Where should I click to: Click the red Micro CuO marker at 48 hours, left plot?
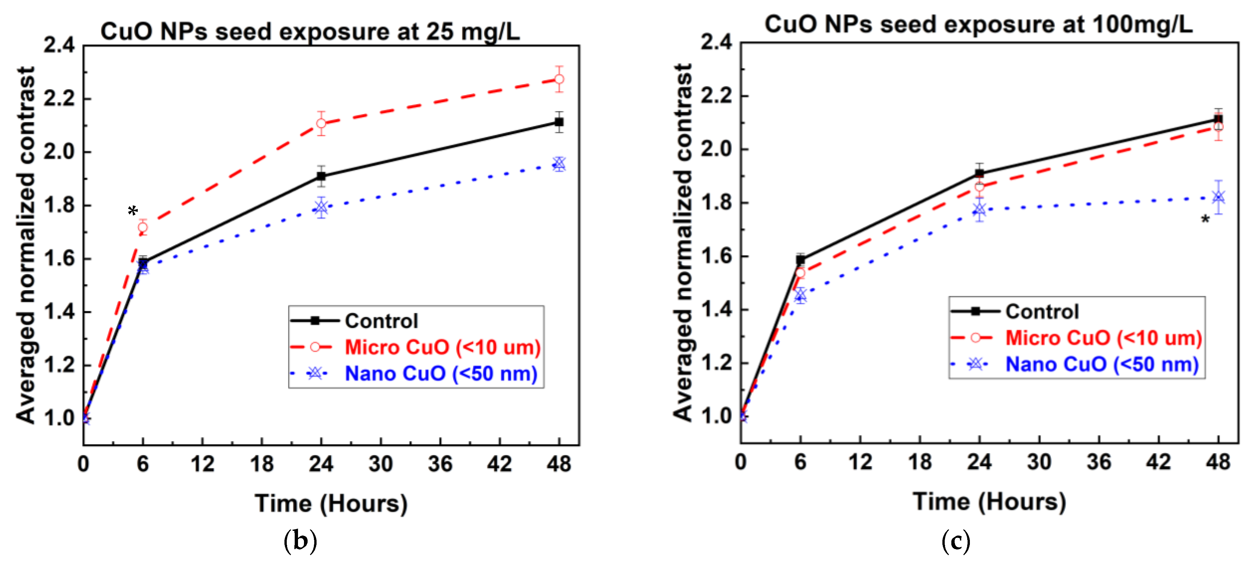click(x=559, y=79)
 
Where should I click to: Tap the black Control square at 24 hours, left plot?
click(x=321, y=176)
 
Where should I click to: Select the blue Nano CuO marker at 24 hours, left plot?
click(x=321, y=208)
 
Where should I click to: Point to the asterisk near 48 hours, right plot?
click(x=1205, y=220)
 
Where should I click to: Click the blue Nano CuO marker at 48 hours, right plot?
click(x=1218, y=197)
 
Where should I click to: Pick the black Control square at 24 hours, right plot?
click(x=979, y=173)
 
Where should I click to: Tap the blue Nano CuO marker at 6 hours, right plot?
click(x=800, y=295)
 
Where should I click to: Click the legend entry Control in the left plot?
click(x=381, y=321)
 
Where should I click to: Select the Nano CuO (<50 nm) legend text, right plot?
click(x=1102, y=364)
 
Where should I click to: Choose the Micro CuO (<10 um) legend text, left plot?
click(x=442, y=347)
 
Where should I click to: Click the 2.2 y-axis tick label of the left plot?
click(x=59, y=99)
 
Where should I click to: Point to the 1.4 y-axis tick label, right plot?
click(x=717, y=309)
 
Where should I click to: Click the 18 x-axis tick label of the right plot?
click(x=920, y=461)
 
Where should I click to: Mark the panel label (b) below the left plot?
click(x=300, y=541)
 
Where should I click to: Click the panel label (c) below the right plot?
click(x=956, y=541)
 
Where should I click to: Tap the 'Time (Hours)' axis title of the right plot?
click(x=989, y=501)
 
